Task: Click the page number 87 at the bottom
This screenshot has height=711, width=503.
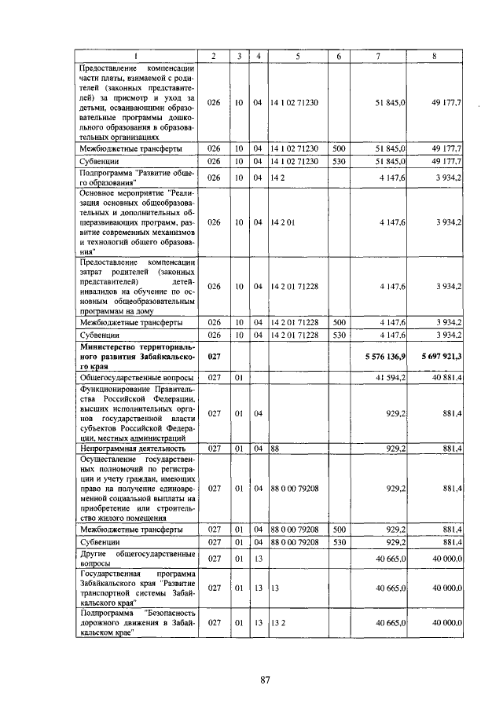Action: click(265, 680)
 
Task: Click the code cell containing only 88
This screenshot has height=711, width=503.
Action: click(275, 448)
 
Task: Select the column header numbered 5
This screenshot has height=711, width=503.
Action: click(298, 56)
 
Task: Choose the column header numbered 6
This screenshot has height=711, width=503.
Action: click(339, 56)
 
